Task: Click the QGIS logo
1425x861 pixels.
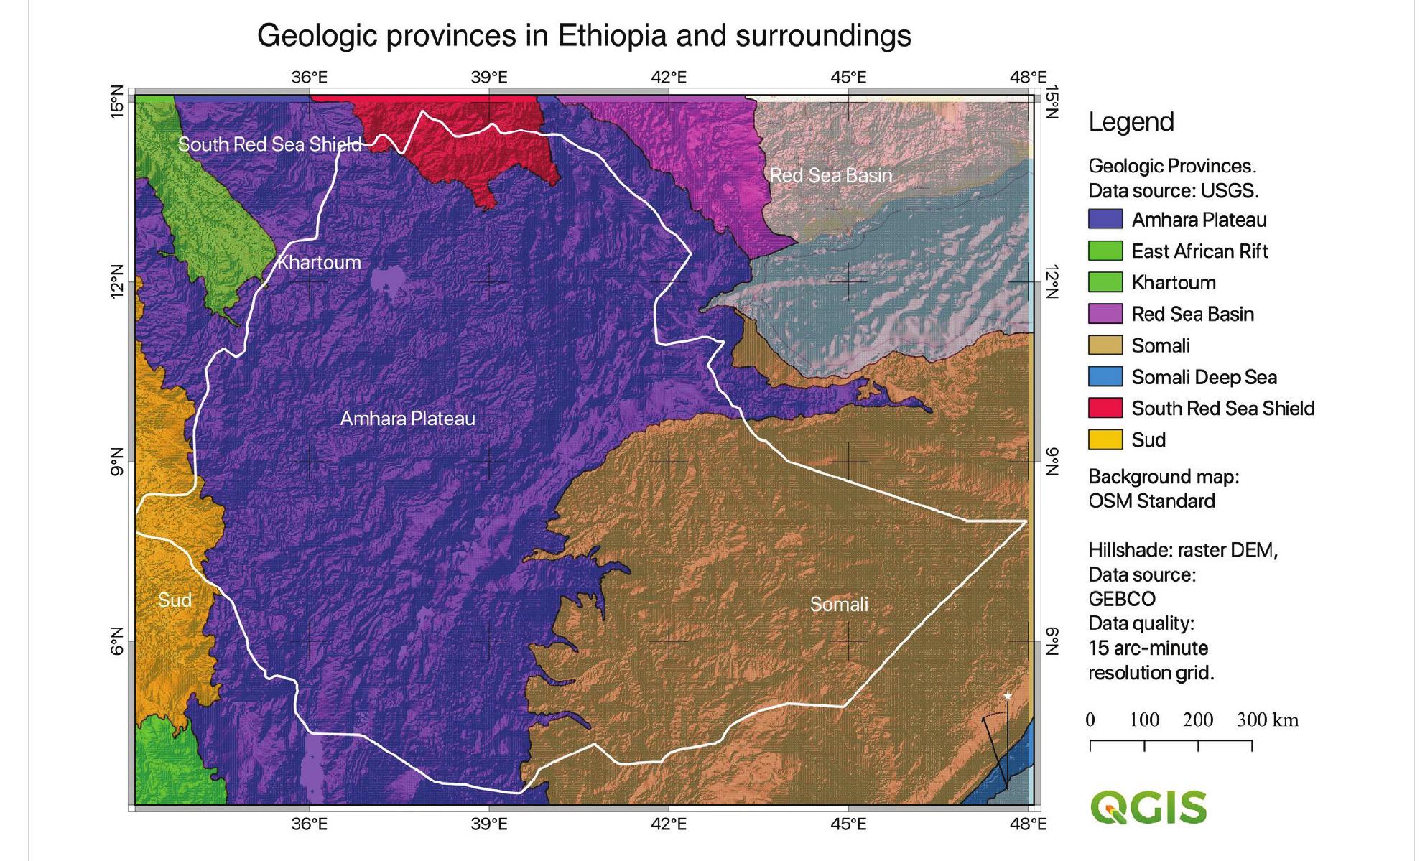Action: (x=1148, y=807)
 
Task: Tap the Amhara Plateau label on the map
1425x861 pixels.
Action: (x=407, y=419)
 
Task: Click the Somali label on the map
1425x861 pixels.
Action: (x=839, y=605)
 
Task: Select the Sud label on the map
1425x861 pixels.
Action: (x=175, y=600)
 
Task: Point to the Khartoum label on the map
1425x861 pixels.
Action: (x=319, y=262)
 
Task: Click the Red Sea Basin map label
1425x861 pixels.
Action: (x=831, y=175)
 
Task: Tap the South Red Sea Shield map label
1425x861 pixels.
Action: (x=269, y=144)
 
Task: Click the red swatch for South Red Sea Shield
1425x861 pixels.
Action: (x=1105, y=409)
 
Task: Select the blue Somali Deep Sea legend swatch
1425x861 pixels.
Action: (x=1105, y=377)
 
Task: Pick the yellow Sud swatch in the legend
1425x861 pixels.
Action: (x=1105, y=440)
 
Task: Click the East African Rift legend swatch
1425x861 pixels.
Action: (x=1105, y=251)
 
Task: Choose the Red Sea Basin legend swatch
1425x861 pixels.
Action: (x=1105, y=314)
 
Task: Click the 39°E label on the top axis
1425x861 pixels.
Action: (x=489, y=78)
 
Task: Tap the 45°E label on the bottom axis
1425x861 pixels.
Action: (x=848, y=824)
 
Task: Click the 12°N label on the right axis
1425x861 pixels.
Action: (x=1052, y=282)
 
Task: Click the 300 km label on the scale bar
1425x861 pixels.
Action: (x=1267, y=720)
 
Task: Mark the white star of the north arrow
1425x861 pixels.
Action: (x=1008, y=696)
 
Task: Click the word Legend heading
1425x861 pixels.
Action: (x=1131, y=122)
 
